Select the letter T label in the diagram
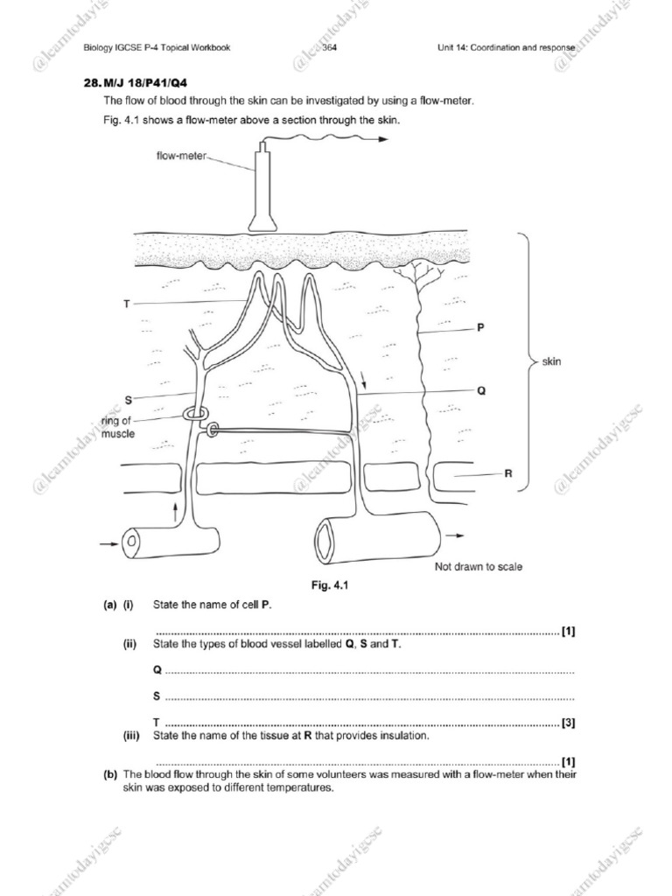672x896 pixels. click(x=127, y=304)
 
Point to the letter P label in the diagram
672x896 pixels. click(x=480, y=328)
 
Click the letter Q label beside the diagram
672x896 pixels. click(x=480, y=391)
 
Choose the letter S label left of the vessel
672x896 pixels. click(x=128, y=400)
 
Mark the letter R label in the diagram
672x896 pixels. click(x=507, y=473)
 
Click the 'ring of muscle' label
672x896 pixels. click(x=118, y=428)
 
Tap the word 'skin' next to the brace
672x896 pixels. click(x=551, y=360)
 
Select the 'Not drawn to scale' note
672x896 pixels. click(x=479, y=567)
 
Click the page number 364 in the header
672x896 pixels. click(x=330, y=47)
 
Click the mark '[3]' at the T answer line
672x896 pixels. click(x=568, y=723)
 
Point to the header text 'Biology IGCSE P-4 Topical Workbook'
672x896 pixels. click(x=157, y=47)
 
